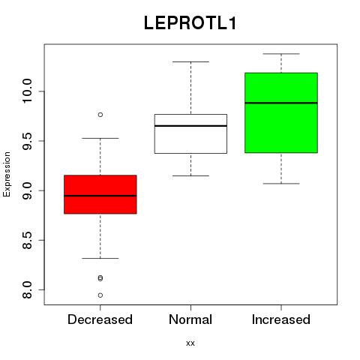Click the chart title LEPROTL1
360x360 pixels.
click(x=190, y=23)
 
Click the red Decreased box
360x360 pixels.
click(x=100, y=194)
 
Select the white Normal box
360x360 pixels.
click(x=190, y=133)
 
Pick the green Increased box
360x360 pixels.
click(x=281, y=112)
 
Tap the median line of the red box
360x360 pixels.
click(x=100, y=196)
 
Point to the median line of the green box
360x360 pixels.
click(x=281, y=103)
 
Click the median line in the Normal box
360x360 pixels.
click(x=190, y=126)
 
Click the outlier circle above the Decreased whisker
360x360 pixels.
click(x=100, y=115)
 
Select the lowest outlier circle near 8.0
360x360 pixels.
click(x=100, y=295)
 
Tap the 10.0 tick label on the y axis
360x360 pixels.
click(x=27, y=91)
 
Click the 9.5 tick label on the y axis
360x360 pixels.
click(x=27, y=141)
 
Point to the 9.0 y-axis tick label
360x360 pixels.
click(x=27, y=190)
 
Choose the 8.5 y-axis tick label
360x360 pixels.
click(x=27, y=241)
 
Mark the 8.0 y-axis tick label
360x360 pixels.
click(x=27, y=290)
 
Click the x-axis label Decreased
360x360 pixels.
click(x=100, y=319)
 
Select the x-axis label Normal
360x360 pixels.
click(x=190, y=319)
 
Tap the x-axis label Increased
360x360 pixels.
click(x=281, y=319)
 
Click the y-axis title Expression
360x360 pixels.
click(x=7, y=174)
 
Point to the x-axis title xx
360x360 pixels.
click(x=190, y=343)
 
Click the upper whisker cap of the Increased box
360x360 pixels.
click(x=281, y=54)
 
